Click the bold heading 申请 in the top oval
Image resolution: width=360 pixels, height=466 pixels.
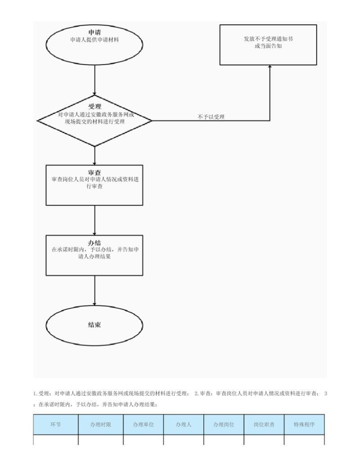pos(94,32)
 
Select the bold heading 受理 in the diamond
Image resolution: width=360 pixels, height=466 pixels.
pos(94,107)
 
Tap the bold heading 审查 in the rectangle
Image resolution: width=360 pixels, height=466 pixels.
pos(94,172)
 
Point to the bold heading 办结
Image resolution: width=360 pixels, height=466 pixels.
pos(94,243)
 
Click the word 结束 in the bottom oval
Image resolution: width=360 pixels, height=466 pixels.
pos(94,325)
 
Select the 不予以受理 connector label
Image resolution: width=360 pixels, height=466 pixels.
pos(211,117)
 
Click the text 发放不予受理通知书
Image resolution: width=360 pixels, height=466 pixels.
pos(268,39)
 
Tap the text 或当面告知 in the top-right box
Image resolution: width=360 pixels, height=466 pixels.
pos(268,46)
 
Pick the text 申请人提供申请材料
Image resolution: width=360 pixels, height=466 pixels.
pos(94,40)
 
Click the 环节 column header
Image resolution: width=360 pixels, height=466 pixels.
pos(56,424)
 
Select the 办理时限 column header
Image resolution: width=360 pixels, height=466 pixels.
pos(101,424)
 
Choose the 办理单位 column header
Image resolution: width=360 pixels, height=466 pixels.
pos(143,424)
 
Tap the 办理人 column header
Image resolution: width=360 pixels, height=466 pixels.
pos(184,424)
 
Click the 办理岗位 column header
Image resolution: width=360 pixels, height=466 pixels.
pos(224,424)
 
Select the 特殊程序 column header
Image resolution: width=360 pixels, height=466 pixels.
pos(304,424)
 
